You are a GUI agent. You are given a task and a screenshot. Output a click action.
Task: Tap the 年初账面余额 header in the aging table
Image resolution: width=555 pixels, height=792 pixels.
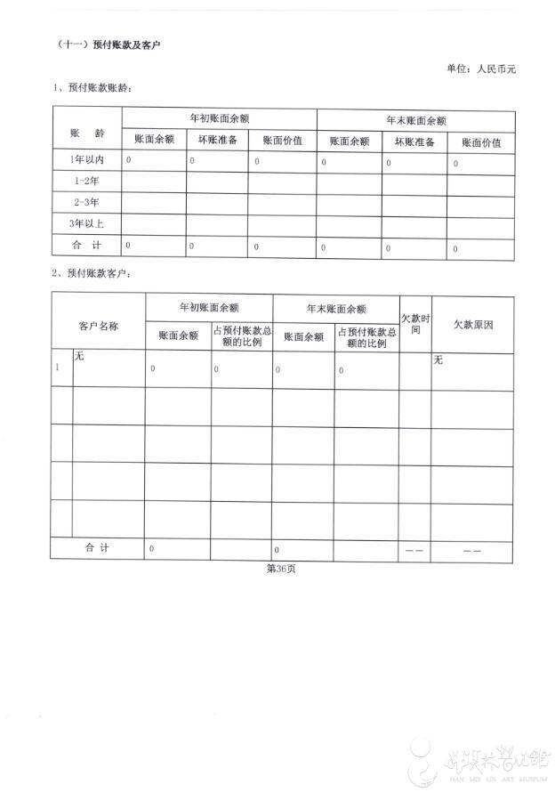219,118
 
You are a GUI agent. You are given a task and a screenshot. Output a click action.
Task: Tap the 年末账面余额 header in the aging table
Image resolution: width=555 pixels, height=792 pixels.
415,119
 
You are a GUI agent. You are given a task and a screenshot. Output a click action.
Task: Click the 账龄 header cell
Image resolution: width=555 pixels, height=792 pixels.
86,132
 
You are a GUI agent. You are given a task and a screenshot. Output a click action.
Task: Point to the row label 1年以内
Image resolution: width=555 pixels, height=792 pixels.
86,159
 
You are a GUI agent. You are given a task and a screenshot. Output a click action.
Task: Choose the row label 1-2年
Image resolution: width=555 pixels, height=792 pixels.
86,181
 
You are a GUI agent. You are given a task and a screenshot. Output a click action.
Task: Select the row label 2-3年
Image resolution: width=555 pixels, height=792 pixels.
86,202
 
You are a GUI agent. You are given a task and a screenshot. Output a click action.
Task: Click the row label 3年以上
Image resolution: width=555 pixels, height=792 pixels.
86,223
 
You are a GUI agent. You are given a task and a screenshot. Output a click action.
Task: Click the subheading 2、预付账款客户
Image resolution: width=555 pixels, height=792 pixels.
96,272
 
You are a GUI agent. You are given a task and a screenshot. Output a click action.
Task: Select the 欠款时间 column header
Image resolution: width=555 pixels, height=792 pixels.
414,322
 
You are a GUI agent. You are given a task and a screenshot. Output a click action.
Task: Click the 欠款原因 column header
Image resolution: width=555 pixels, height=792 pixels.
472,325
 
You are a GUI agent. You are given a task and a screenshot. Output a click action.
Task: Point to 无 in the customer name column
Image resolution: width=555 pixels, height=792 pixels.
79,356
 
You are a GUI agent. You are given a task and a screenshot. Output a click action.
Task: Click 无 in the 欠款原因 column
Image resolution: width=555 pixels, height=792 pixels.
438,360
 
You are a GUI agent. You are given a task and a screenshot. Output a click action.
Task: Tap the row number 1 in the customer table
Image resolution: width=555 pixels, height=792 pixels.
59,367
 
